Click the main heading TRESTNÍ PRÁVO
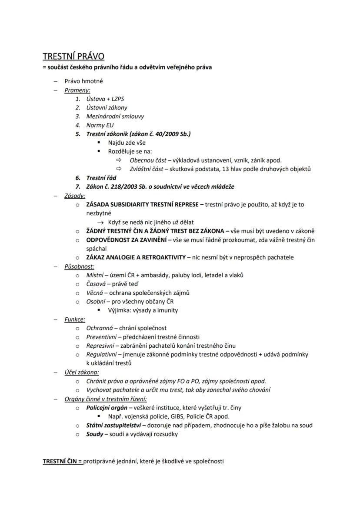[73, 57]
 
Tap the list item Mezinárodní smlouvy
[115, 116]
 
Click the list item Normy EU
[100, 125]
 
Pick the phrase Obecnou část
[148, 160]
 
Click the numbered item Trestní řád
[101, 178]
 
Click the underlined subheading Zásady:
[75, 196]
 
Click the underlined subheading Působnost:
[79, 266]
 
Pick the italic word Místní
[95, 275]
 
